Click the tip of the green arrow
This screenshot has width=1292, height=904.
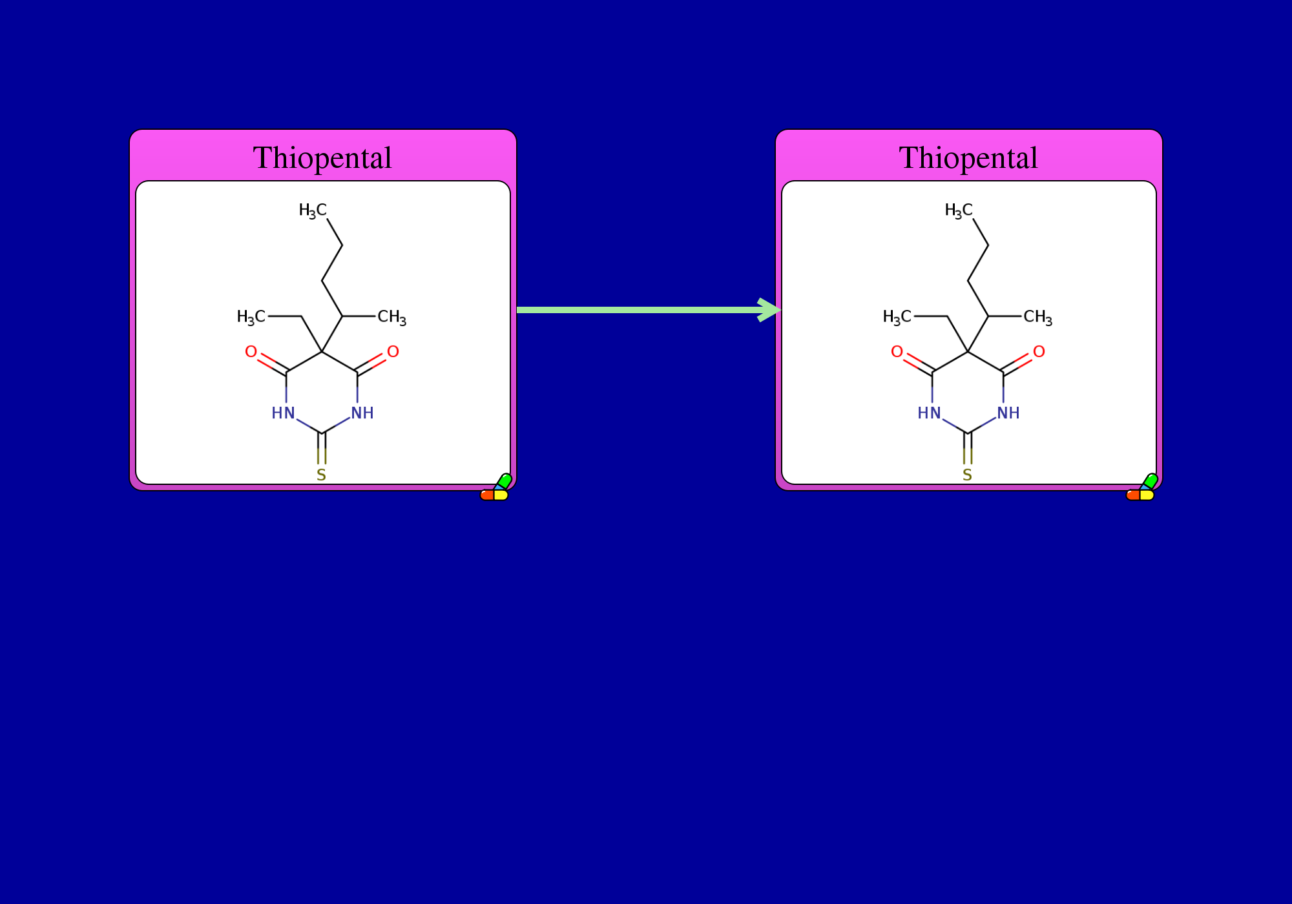tap(781, 310)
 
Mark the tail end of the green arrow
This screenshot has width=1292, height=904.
tap(517, 310)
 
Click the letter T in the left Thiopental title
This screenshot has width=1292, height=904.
tap(262, 158)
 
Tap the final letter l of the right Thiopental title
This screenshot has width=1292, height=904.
tap(1034, 158)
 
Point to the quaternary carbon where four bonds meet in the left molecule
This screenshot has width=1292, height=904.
tap(322, 352)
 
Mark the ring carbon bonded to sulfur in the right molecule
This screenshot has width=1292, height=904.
tap(968, 433)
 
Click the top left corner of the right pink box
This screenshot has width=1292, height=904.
tap(776, 130)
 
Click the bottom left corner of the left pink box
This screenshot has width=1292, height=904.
tap(130, 490)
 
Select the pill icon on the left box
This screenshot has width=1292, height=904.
tap(495, 488)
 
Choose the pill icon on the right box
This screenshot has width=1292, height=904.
tap(1141, 488)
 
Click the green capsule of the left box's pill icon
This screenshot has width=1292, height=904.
tap(505, 481)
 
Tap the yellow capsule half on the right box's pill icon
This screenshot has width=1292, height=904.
tap(1147, 495)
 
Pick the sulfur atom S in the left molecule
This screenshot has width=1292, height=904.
tap(321, 475)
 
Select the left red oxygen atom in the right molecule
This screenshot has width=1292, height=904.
tap(897, 352)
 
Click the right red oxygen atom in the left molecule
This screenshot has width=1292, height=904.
tap(393, 352)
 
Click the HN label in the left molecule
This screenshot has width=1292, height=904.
tap(283, 413)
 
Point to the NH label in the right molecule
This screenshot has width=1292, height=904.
tap(1008, 413)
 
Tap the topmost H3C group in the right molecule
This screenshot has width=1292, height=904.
tap(959, 211)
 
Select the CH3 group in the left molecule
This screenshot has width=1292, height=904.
tap(392, 318)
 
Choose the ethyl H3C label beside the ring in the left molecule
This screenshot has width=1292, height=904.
tap(251, 317)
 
